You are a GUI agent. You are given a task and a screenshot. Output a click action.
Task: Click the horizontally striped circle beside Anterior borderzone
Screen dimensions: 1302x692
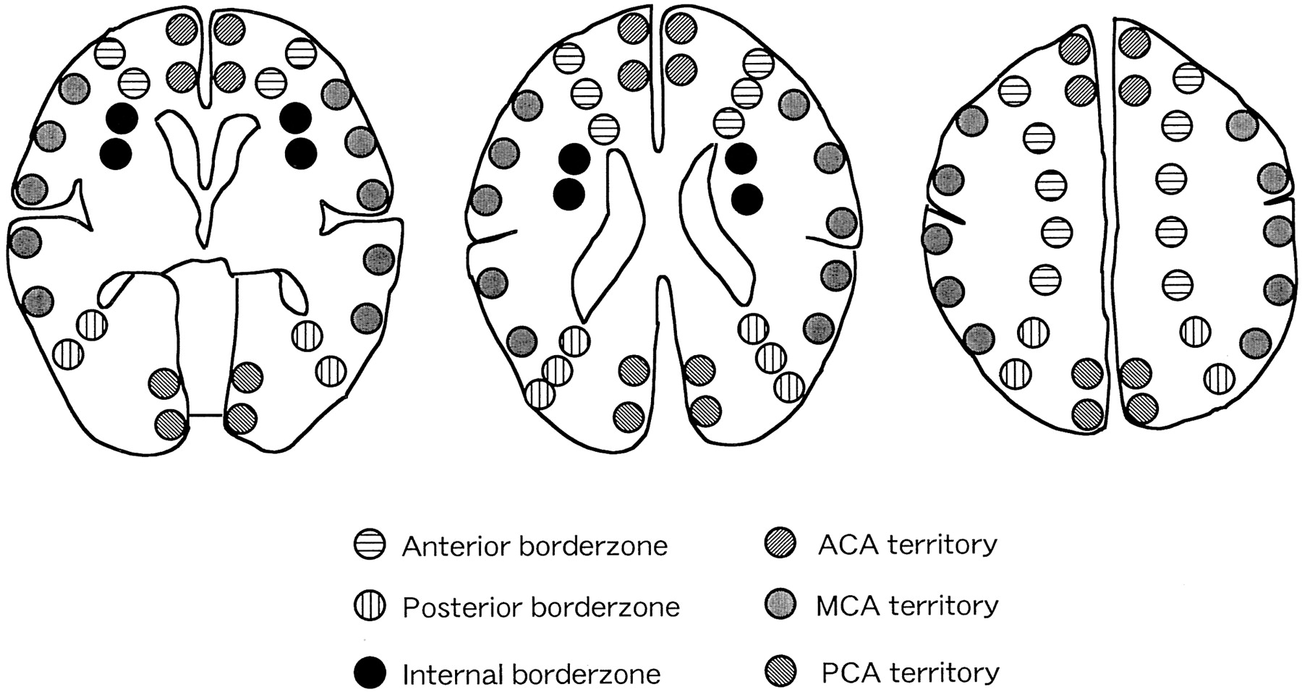pos(370,544)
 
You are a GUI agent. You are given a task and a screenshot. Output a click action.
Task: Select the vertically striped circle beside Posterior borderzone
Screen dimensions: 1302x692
pos(370,606)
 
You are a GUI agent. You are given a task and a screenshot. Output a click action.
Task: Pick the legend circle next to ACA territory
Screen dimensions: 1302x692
pos(780,543)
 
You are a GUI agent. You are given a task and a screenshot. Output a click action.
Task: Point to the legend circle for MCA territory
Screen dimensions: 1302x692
pos(780,604)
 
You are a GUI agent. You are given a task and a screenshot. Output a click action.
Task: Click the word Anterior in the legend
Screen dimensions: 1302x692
pos(456,546)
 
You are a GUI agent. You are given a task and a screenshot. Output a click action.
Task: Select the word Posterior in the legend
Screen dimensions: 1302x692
pos(461,607)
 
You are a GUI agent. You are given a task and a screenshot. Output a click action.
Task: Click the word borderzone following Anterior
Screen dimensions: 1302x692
pos(593,546)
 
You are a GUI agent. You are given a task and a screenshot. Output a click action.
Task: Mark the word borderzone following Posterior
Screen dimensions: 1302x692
pos(605,607)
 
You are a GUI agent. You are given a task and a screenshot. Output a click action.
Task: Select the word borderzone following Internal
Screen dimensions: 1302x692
pos(587,675)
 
